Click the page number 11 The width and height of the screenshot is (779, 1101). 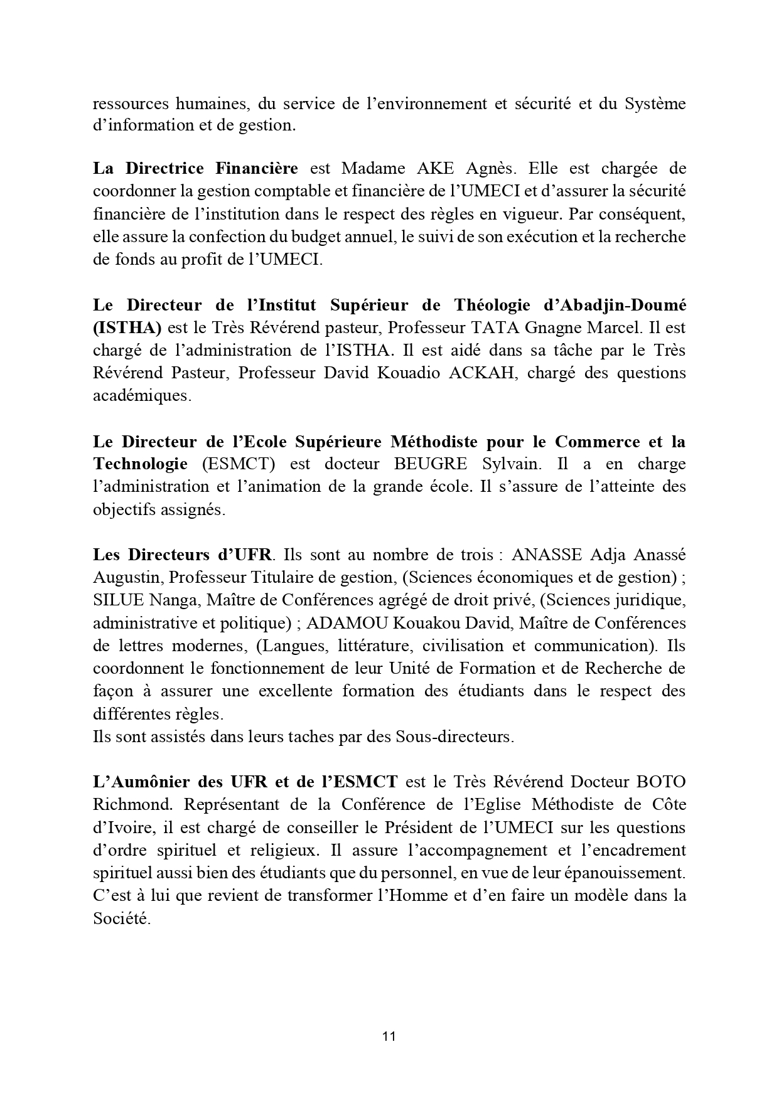(x=389, y=1036)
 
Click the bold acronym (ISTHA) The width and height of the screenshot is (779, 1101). (x=127, y=327)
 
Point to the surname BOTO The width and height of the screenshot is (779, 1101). (x=660, y=782)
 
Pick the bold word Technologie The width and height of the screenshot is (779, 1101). (x=140, y=464)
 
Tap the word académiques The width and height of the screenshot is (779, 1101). (x=141, y=396)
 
